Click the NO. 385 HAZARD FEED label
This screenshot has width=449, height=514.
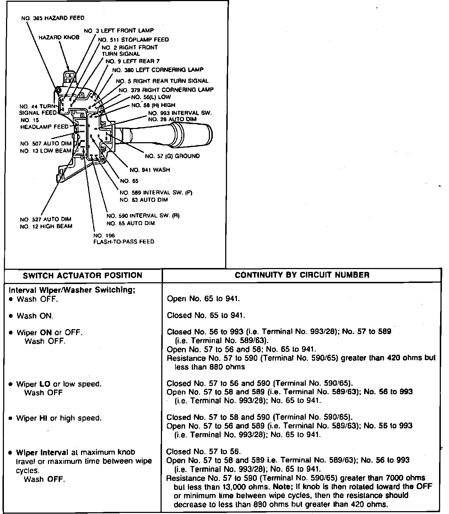[53, 18]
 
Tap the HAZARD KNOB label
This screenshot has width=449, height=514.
[59, 37]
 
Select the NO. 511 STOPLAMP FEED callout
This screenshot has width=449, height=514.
[133, 39]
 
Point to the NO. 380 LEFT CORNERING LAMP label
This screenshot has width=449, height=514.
[158, 70]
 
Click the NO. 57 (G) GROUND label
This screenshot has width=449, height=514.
[172, 156]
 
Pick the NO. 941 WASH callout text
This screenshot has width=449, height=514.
[150, 170]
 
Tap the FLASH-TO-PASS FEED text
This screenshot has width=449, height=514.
[123, 242]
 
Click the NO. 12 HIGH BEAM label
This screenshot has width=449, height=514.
[46, 226]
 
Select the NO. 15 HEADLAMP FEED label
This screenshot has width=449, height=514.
[44, 127]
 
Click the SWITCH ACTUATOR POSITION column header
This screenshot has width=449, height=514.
[82, 275]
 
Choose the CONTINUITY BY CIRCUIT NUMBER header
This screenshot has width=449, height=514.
[302, 275]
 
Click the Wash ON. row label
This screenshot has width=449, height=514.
[35, 316]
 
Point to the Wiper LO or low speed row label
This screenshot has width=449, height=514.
[59, 384]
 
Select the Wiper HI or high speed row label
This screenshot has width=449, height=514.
[59, 418]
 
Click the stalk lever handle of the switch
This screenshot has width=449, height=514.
[185, 133]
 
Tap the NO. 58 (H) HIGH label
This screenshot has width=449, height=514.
[153, 105]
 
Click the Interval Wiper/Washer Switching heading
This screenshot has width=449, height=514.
[72, 290]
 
